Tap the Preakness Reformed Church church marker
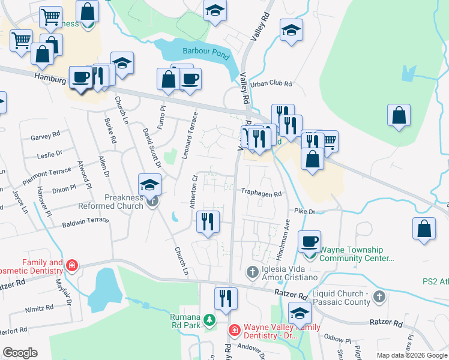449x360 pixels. pos(152,203)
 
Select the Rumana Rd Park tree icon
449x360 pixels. pos(209,320)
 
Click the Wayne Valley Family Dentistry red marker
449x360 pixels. pos(234,330)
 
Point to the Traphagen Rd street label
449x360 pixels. pos(261,194)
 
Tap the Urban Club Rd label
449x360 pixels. pos(271,85)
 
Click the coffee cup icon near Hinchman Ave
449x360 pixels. pos(309,241)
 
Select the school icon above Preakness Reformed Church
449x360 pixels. pos(149,184)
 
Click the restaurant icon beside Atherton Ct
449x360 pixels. pos(206,222)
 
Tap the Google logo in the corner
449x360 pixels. pos(20,353)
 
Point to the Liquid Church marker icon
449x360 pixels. pos(379,297)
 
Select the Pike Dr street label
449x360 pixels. pos(305,211)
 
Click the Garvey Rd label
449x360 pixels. pos(45,137)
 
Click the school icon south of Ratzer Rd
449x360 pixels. pos(300,313)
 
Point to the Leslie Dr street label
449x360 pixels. pos(49,154)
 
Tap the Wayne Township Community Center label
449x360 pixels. pos(357,254)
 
